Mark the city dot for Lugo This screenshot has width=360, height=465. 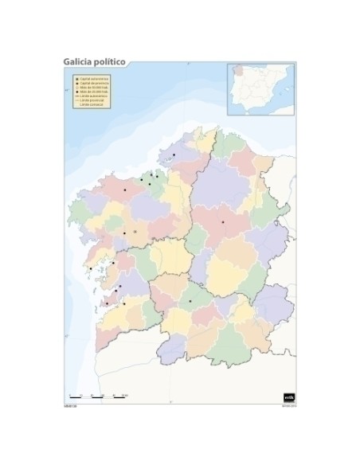tap(223, 221)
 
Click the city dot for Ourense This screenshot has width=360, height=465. tap(190, 300)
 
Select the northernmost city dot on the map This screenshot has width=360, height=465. tap(174, 154)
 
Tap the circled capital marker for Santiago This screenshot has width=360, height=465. tap(135, 232)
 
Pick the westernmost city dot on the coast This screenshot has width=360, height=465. tap(91, 269)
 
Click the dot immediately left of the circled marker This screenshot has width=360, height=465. tap(124, 232)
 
